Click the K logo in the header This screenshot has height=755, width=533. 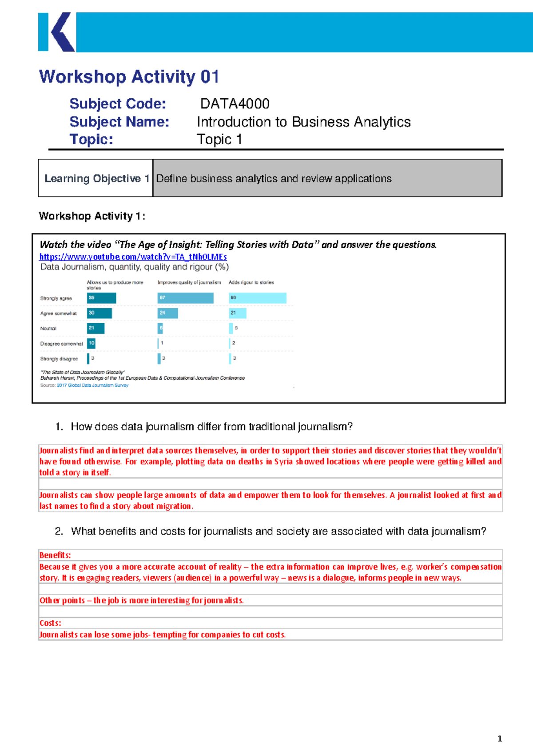[57, 32]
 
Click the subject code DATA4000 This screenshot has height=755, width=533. [235, 104]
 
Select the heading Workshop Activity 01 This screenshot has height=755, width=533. [129, 77]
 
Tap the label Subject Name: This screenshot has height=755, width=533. [119, 121]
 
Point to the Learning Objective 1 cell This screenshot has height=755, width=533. [95, 178]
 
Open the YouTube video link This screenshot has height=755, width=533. [133, 257]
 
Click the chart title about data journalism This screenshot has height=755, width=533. [135, 267]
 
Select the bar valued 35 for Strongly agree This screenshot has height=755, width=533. [101, 298]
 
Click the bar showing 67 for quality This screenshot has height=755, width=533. [185, 298]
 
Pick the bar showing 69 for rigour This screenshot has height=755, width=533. [258, 298]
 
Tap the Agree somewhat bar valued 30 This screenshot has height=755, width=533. [99, 313]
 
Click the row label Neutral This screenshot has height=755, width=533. [48, 329]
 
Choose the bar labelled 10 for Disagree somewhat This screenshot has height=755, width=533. [91, 343]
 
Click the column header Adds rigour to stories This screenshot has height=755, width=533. [251, 282]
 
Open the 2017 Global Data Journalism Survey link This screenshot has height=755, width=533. [92, 386]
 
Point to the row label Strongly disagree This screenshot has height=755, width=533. [59, 359]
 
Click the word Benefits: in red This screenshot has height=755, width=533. [55, 555]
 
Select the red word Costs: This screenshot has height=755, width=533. [50, 623]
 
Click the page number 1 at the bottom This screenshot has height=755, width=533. [500, 739]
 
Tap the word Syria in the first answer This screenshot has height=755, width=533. [283, 462]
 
